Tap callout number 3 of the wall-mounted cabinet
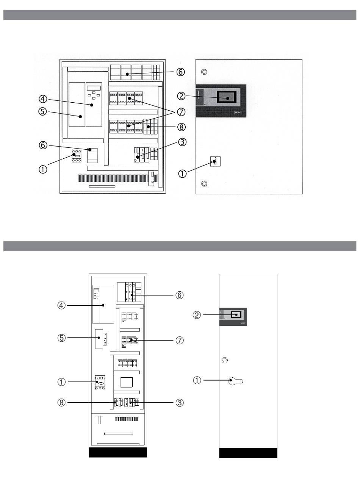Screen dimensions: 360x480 (182, 142)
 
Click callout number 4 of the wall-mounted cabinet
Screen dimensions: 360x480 (43, 99)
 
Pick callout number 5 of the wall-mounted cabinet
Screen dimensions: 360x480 (43, 113)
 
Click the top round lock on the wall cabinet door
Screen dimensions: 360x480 (204, 72)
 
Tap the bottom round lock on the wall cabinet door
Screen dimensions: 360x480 (204, 184)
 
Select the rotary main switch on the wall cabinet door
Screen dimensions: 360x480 (215, 162)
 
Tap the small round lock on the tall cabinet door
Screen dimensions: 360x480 (225, 360)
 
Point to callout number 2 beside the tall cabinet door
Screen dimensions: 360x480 (197, 315)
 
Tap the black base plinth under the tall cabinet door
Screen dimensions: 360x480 (248, 453)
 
